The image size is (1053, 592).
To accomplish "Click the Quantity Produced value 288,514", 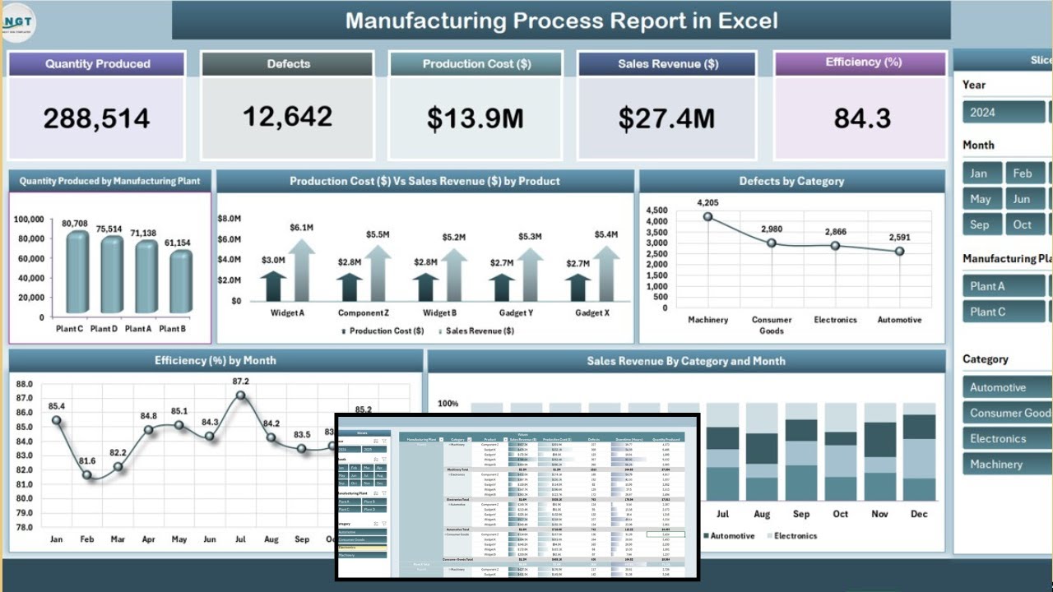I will (x=96, y=118).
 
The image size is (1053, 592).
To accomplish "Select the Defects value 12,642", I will (x=288, y=117).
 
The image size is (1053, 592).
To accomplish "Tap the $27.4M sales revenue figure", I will (x=666, y=118).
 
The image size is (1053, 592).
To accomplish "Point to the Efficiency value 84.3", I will (x=861, y=118).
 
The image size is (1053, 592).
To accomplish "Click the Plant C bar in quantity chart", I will (x=77, y=273).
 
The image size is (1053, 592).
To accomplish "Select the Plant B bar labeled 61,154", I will (x=180, y=283).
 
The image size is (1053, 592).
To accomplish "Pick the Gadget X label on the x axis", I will (x=592, y=313).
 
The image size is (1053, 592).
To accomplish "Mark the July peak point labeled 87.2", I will (x=240, y=395).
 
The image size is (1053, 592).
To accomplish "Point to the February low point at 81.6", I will (x=87, y=475).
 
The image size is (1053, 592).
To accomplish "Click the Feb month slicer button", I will (x=1023, y=173).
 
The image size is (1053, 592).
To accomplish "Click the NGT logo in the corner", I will (x=19, y=22).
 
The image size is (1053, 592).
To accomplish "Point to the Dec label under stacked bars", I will (x=918, y=514).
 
